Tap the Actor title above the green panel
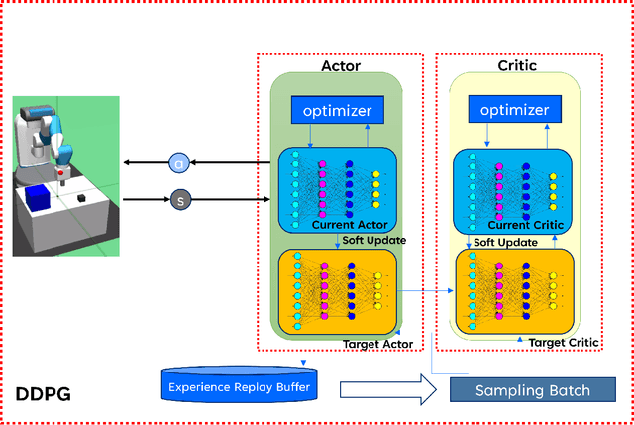point(341,65)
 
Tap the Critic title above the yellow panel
point(517,65)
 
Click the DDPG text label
point(43,394)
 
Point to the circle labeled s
point(179,200)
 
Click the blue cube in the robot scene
point(39,198)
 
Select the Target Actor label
point(376,344)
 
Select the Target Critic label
point(564,342)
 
